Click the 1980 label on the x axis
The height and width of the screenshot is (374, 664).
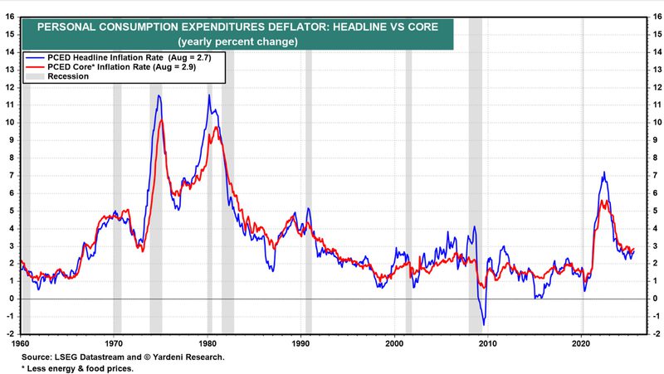pyautogui.click(x=207, y=342)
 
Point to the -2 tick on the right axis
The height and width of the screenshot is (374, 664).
pyautogui.click(x=654, y=333)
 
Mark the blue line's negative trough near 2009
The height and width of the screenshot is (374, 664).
pyautogui.click(x=484, y=323)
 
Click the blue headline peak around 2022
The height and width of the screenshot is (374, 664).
pyautogui.click(x=603, y=172)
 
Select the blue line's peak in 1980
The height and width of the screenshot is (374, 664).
pyautogui.click(x=209, y=95)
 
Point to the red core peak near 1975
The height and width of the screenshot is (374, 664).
pyautogui.click(x=161, y=121)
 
